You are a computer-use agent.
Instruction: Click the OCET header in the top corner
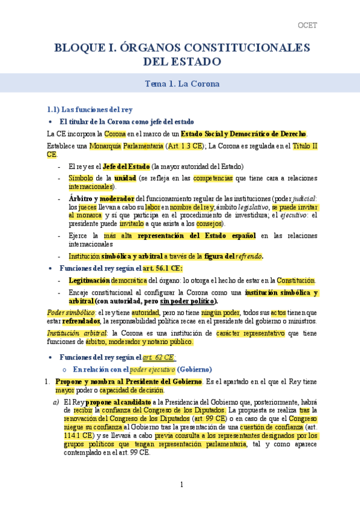click(307, 25)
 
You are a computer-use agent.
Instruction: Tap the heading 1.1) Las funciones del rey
click(90, 109)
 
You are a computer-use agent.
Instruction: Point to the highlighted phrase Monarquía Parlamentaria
click(118, 146)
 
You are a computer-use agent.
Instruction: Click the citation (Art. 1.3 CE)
click(185, 146)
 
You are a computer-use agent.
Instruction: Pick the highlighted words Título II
click(301, 146)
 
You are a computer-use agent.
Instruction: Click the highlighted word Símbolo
click(81, 179)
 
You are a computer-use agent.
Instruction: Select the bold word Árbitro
click(81, 198)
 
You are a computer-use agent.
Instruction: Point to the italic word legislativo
click(249, 207)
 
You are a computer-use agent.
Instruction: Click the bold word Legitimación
click(89, 281)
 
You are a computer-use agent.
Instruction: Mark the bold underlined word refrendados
click(67, 321)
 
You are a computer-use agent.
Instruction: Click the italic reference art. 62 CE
click(158, 357)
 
